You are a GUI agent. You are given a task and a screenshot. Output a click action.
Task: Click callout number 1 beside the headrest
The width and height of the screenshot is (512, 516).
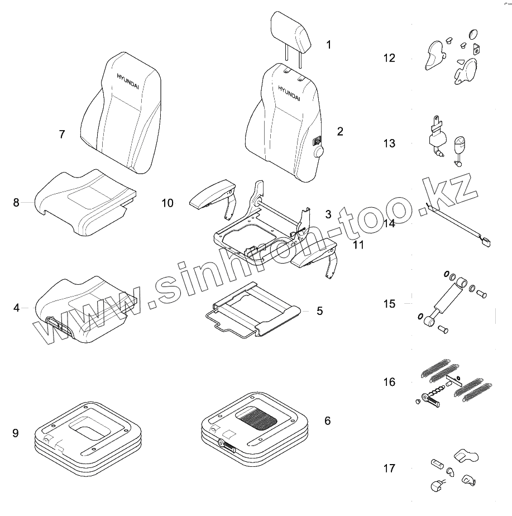[x=329, y=45]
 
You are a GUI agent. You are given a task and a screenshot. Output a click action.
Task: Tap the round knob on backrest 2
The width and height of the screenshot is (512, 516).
[x=319, y=151]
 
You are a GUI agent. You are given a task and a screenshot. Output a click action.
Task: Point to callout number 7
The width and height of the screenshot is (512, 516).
[x=62, y=134]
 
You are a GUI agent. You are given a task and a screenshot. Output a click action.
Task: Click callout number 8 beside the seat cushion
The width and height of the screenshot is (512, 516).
[x=16, y=202]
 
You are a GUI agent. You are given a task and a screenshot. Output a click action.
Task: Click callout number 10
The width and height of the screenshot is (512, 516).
[x=168, y=203]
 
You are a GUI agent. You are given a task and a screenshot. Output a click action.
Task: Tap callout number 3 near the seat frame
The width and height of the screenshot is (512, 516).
[x=328, y=214]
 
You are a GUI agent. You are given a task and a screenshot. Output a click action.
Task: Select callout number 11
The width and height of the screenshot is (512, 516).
[x=358, y=245]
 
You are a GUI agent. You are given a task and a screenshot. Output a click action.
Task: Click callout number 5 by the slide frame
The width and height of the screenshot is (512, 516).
[x=319, y=311]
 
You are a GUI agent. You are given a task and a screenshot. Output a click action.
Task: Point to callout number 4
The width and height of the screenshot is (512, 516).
[x=16, y=308]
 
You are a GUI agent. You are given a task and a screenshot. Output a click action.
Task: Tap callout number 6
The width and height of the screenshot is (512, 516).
[x=327, y=421]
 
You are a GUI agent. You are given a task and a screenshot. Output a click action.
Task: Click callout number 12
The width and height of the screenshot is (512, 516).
[x=389, y=58]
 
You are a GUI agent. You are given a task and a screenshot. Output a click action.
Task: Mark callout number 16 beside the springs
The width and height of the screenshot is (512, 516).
[x=389, y=383]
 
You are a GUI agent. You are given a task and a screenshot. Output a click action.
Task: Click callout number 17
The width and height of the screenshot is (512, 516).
[x=389, y=468]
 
